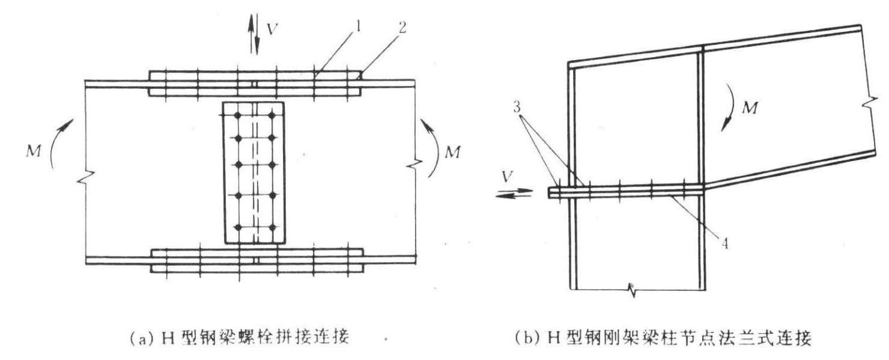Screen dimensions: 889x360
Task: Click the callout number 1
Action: [358, 27]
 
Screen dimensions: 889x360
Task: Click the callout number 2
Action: [402, 28]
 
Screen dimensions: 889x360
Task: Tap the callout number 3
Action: [517, 107]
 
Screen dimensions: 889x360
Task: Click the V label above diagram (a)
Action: [272, 29]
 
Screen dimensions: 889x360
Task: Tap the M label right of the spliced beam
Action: [452, 152]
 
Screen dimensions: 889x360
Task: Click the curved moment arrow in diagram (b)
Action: [729, 107]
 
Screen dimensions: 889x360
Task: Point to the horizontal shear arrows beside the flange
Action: [514, 194]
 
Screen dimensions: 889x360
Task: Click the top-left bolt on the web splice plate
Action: [238, 115]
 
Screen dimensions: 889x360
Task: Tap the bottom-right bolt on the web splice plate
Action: [272, 227]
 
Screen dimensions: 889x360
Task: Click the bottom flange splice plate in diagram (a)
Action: [257, 260]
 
